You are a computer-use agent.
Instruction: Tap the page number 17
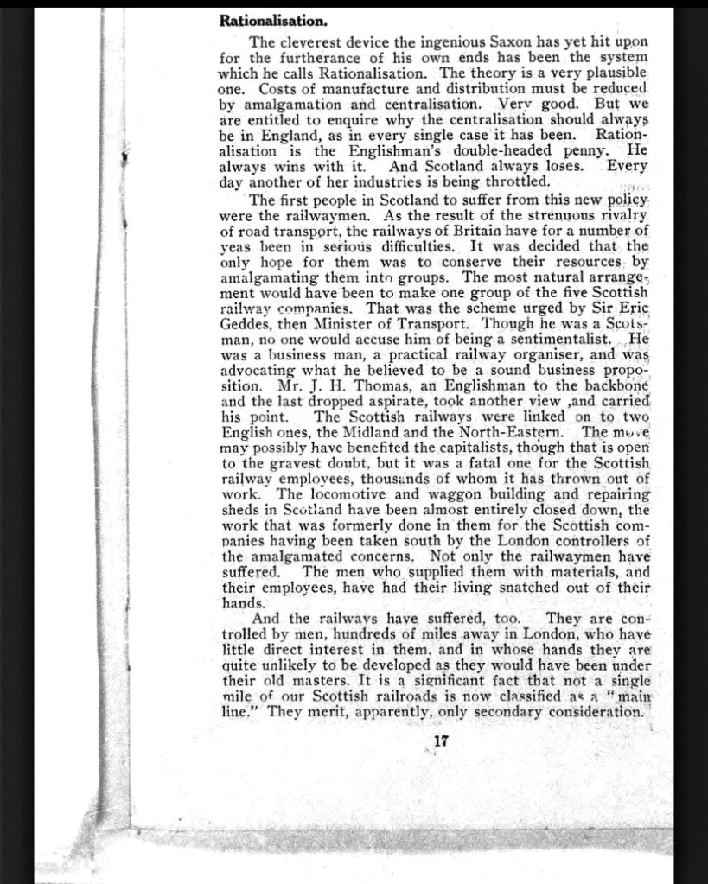pyautogui.click(x=441, y=741)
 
